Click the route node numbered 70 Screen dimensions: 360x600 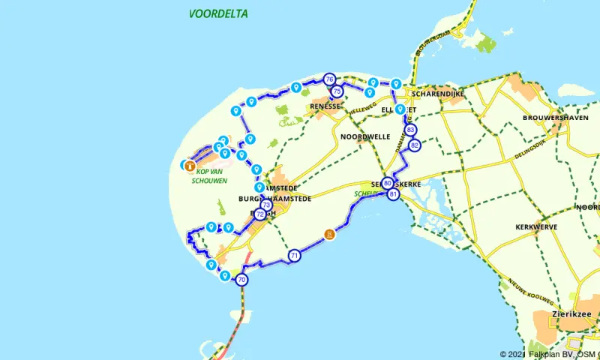pos(241,280)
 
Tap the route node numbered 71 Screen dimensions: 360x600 pos(295,256)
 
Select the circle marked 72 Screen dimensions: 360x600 pos(259,214)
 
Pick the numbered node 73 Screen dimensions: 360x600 pos(265,205)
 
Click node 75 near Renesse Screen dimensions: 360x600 pos(337,91)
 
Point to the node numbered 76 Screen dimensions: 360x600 pos(329,79)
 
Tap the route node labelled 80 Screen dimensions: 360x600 pos(387,183)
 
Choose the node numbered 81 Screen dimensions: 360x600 pos(394,195)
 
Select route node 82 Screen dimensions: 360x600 pos(414,145)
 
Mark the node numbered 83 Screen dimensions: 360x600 pos(410,130)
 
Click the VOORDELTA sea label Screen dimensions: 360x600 pos(218,14)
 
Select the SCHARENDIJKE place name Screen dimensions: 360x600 pos(435,94)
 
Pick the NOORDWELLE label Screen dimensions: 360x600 pos(365,137)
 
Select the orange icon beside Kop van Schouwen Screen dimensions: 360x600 pos(190,166)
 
